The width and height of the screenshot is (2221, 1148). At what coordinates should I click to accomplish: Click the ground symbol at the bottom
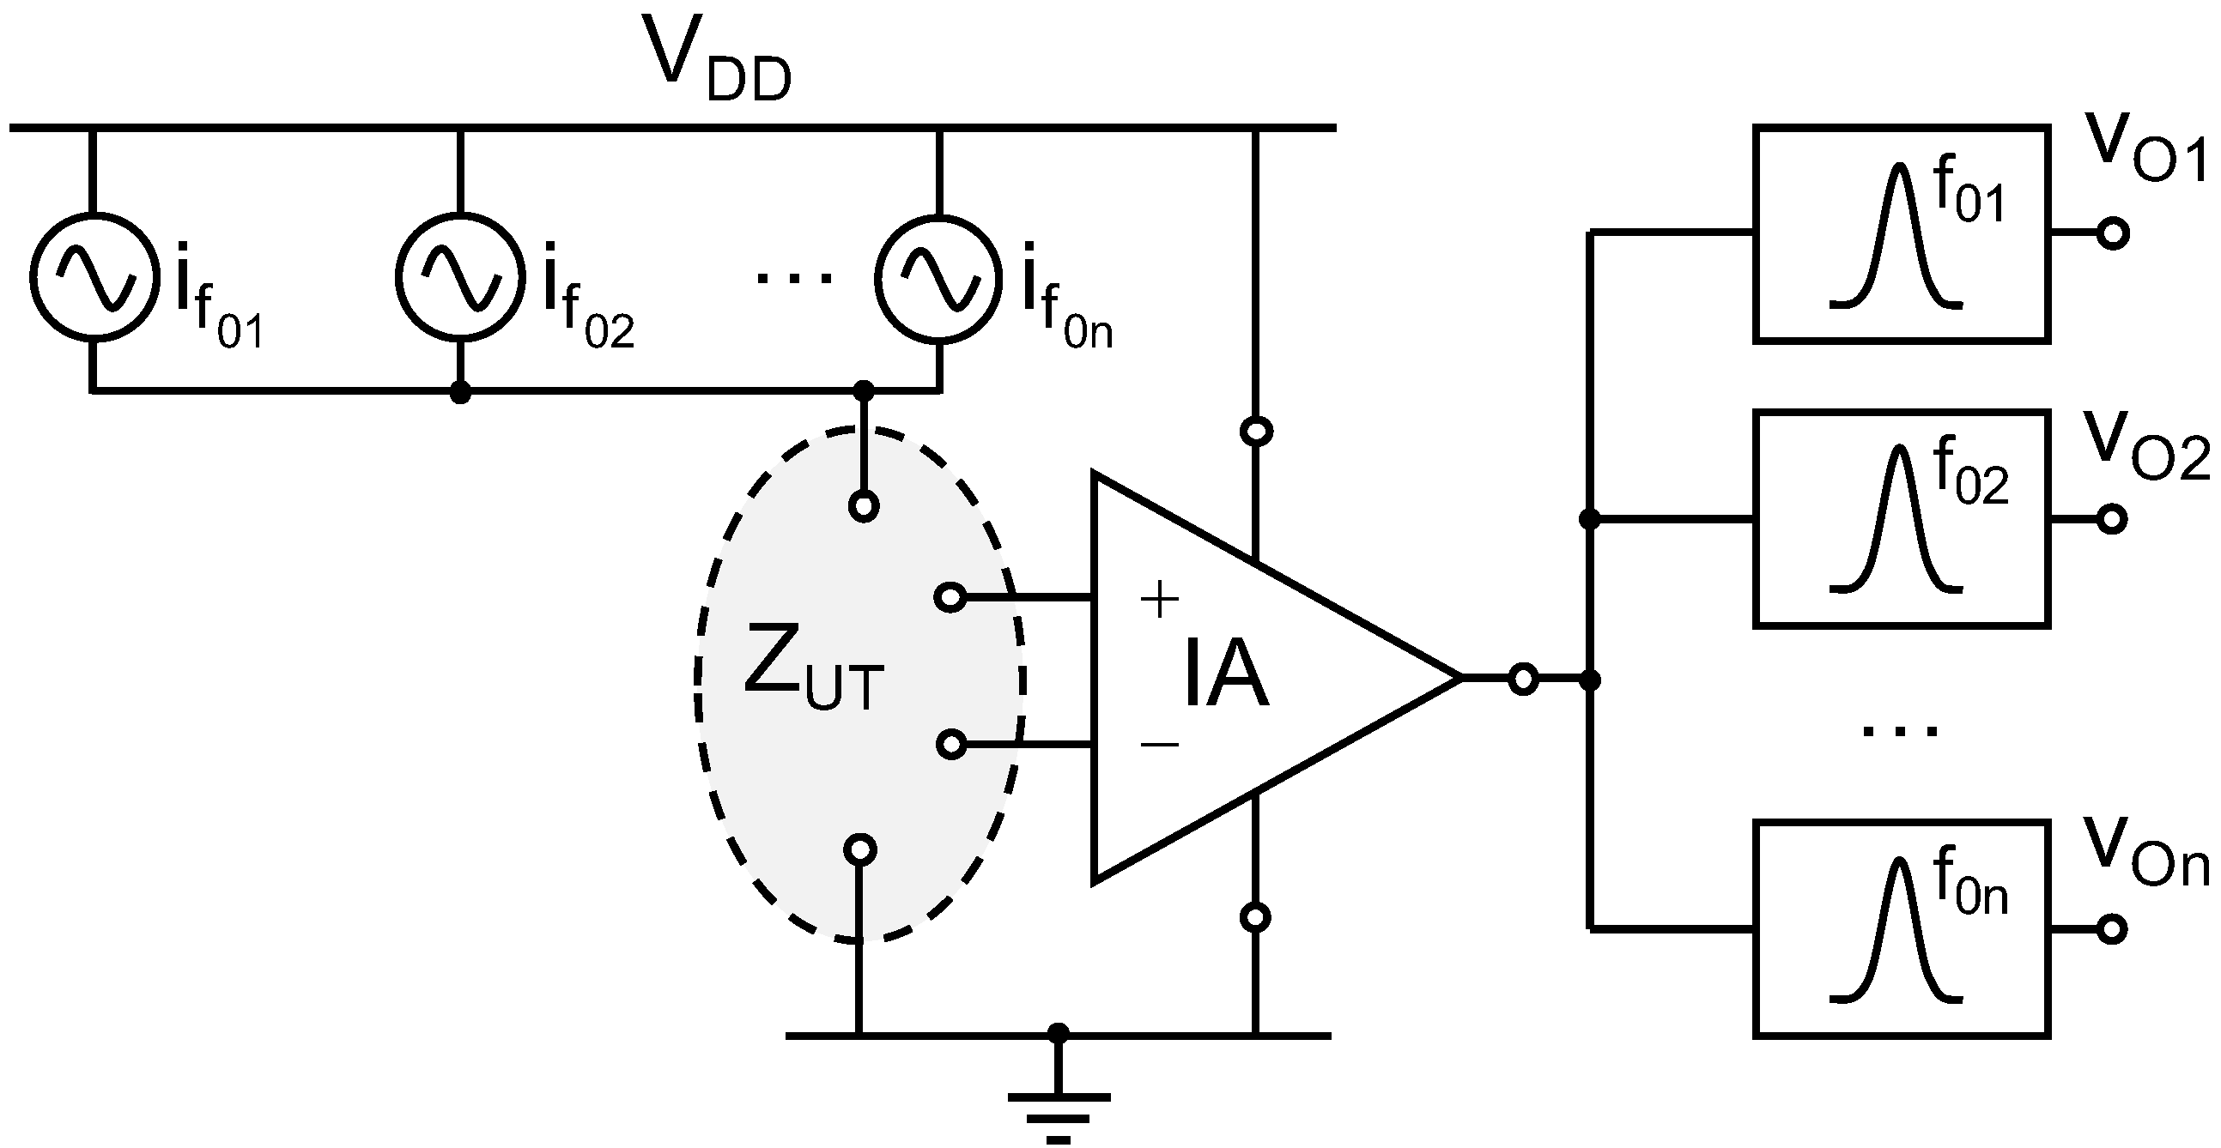point(1059,1113)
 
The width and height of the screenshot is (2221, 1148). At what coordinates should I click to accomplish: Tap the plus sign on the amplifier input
point(1159,598)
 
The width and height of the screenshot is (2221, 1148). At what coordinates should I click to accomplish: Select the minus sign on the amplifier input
point(1159,744)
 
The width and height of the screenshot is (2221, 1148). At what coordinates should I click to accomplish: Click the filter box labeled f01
point(1901,234)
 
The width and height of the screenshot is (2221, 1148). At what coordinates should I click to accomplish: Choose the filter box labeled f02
point(1901,520)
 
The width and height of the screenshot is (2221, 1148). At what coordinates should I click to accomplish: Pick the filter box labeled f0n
point(1901,929)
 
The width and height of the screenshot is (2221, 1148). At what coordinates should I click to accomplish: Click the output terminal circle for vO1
point(2113,233)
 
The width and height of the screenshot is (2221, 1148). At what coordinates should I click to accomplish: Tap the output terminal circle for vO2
point(2112,519)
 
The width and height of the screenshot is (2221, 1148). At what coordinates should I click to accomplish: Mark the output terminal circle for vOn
point(2112,929)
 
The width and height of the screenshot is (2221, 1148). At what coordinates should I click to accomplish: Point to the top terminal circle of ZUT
point(863,506)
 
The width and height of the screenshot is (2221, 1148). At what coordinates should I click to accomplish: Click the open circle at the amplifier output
point(1524,680)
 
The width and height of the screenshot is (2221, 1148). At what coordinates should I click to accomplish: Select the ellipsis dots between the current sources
point(793,277)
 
